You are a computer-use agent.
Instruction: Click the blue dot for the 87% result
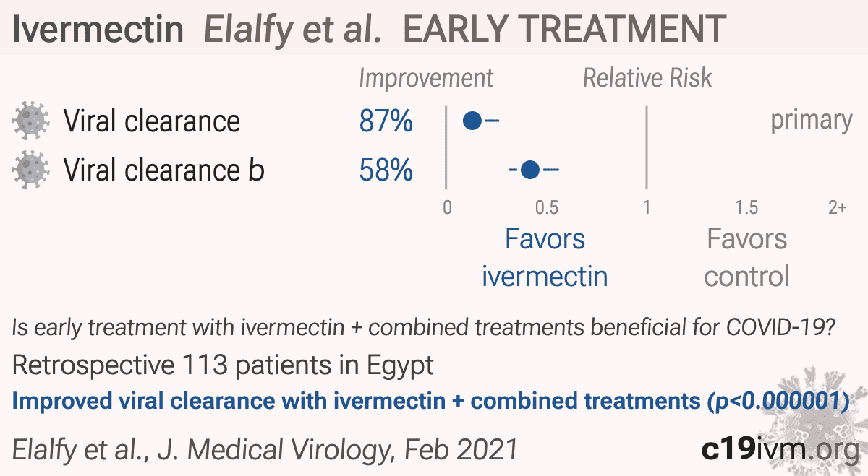pyautogui.click(x=472, y=121)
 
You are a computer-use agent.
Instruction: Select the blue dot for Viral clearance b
pyautogui.click(x=530, y=170)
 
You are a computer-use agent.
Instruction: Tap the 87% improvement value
pyautogui.click(x=386, y=121)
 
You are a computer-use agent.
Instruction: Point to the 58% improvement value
pyautogui.click(x=386, y=170)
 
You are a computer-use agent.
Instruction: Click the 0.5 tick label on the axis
pyautogui.click(x=547, y=208)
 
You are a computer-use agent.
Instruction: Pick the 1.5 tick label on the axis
pyautogui.click(x=746, y=208)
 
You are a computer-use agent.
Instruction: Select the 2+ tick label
pyautogui.click(x=838, y=208)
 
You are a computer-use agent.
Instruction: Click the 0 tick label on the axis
pyautogui.click(x=447, y=208)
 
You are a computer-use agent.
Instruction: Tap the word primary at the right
pyautogui.click(x=812, y=121)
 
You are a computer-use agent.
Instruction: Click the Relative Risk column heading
pyautogui.click(x=647, y=78)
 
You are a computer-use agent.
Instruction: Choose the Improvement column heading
pyautogui.click(x=426, y=79)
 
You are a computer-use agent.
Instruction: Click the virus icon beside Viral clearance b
pyautogui.click(x=30, y=170)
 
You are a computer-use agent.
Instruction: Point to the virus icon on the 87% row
pyautogui.click(x=30, y=121)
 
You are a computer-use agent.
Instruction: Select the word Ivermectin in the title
pyautogui.click(x=98, y=29)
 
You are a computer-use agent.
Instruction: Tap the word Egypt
pyautogui.click(x=400, y=365)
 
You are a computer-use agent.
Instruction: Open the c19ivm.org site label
pyautogui.click(x=780, y=449)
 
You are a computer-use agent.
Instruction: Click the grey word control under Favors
pyautogui.click(x=746, y=277)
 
